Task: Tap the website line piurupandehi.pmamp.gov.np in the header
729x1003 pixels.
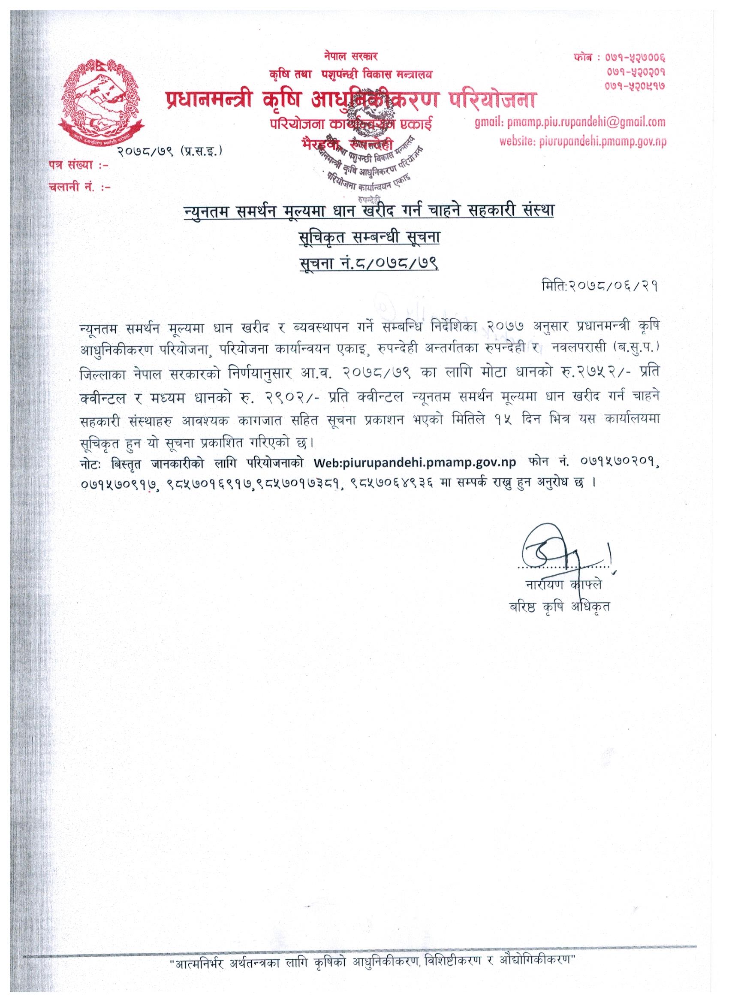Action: pyautogui.click(x=583, y=141)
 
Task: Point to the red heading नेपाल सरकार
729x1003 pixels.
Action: pyautogui.click(x=349, y=56)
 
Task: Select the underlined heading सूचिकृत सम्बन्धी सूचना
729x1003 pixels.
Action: pyautogui.click(x=368, y=239)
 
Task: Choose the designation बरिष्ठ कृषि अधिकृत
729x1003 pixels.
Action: pyautogui.click(x=560, y=606)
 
